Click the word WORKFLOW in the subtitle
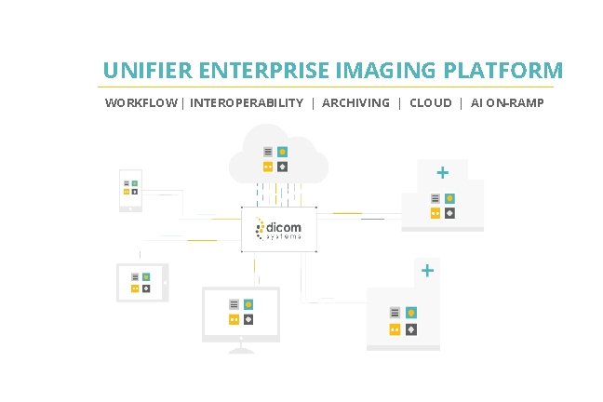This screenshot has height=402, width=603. tap(141, 103)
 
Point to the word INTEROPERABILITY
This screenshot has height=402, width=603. tap(247, 103)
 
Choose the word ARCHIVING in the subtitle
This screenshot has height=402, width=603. tap(355, 103)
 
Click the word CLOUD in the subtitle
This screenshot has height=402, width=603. tap(431, 103)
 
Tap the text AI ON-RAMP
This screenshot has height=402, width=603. tap(508, 103)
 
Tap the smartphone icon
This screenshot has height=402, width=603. tap(130, 190)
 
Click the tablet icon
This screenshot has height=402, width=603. tap(141, 282)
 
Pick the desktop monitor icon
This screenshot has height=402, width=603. tap(241, 316)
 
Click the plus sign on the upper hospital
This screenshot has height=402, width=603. tap(443, 172)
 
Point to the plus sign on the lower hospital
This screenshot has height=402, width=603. tap(427, 271)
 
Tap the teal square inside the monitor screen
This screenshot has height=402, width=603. tap(248, 303)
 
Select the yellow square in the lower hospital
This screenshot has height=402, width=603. tap(395, 329)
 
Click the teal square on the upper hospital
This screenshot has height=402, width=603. tap(450, 198)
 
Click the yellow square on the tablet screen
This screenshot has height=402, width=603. tap(135, 289)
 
